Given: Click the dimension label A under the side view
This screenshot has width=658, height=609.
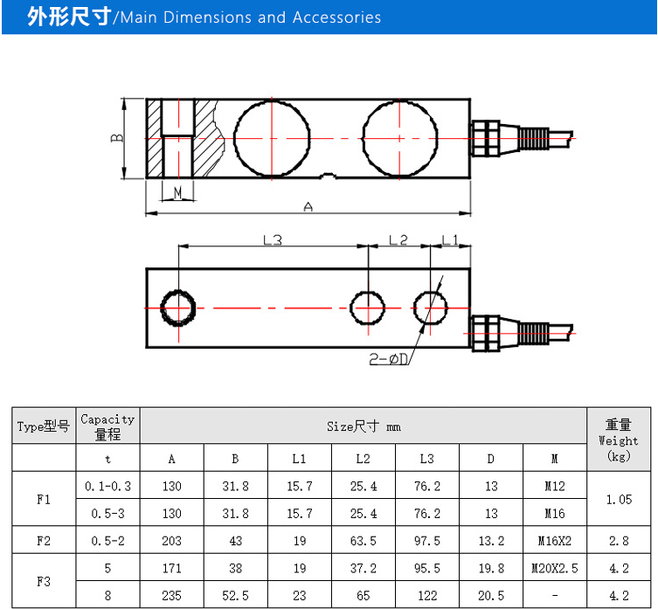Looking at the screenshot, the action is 308,206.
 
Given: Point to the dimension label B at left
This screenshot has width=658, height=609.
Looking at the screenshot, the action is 117,138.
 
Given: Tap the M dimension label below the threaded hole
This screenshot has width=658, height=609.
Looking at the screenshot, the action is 178,192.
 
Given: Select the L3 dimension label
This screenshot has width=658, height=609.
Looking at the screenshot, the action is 273,239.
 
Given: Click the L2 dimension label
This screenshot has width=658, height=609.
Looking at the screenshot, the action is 398,239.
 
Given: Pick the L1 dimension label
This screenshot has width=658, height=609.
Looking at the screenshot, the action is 450,239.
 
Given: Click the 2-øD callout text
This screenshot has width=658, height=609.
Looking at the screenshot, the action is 389,359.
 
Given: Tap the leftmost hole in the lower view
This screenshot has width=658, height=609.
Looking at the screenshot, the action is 178,308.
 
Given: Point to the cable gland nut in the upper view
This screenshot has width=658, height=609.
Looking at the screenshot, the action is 486,138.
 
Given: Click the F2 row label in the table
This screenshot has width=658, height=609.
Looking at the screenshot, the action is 44,541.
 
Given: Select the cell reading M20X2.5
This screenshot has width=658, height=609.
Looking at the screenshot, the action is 555,568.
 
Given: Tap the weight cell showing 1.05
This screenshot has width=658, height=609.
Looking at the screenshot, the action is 619,500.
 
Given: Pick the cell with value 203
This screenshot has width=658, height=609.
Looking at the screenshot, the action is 171,541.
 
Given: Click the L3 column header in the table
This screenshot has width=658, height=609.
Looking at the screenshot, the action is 427,459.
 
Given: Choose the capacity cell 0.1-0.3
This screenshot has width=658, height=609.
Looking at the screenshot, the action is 107,486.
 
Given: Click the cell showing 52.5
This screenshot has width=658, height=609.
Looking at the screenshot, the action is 235,596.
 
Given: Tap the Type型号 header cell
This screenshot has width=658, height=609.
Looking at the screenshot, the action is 43,426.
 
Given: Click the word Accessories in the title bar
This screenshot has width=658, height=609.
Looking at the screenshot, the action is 336,17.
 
